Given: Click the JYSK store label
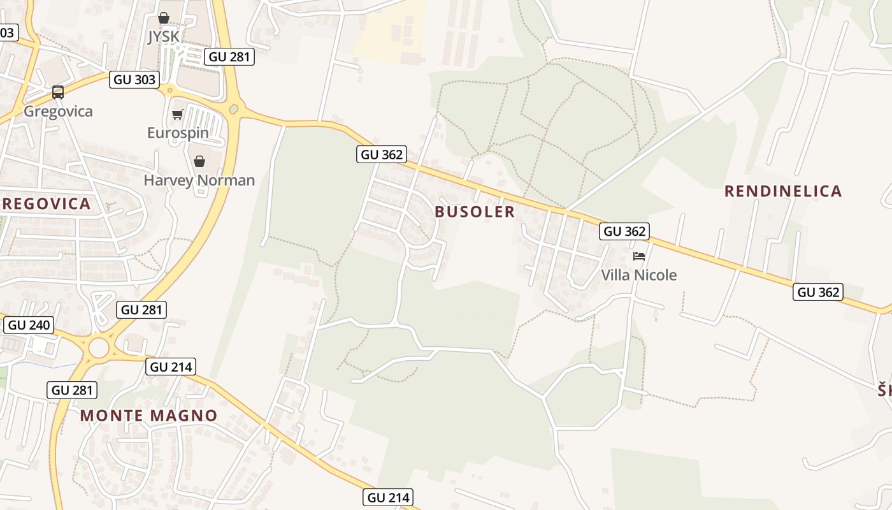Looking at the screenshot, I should [164, 37].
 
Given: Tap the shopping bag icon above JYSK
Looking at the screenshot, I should [164, 18].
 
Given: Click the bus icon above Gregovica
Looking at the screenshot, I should [58, 92].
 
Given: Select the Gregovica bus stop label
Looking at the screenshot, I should [58, 112].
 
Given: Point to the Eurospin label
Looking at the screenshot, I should [177, 133].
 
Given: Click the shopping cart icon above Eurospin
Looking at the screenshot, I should [177, 115].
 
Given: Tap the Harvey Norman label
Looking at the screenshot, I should [199, 180].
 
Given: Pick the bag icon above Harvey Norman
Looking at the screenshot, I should [199, 161].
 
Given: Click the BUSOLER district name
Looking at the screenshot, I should [475, 212].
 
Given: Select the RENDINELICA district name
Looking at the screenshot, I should [783, 191].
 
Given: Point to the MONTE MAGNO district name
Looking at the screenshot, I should [148, 416].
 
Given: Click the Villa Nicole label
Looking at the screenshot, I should [639, 275].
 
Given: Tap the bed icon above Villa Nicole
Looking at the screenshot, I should [639, 256].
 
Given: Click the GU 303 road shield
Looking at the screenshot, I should [134, 80].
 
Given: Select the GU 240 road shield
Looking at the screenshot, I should [29, 325].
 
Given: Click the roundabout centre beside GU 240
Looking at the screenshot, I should [99, 348].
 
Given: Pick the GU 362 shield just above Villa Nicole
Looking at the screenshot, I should [624, 231].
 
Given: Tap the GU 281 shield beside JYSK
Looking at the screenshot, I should [230, 57].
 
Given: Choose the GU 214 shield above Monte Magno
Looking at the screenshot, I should [171, 367].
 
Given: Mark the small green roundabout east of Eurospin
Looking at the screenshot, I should [234, 110].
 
